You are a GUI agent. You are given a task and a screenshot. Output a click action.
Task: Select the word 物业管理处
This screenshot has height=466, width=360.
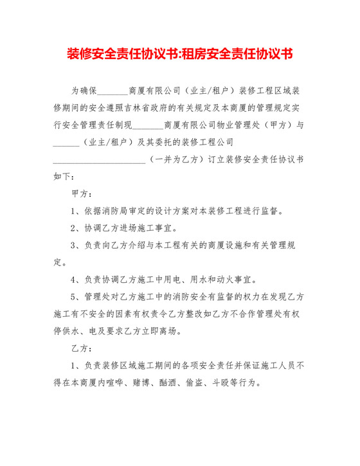[233, 124]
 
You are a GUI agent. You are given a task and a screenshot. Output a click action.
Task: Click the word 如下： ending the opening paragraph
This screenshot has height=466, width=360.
[64, 175]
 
